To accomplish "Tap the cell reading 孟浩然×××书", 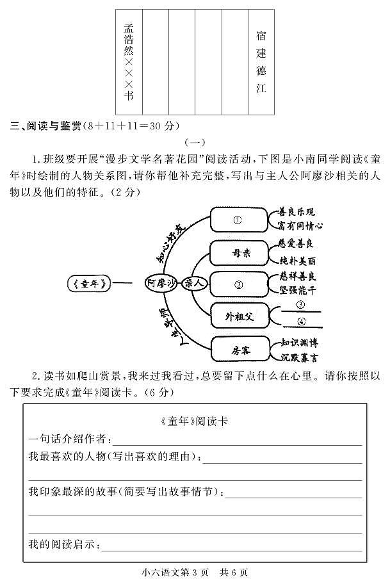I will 129,61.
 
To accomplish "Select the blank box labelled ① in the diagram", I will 238,220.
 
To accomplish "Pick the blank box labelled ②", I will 238,284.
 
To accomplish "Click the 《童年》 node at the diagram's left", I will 88,282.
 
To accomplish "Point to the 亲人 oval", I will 195,282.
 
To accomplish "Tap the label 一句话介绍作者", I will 70,439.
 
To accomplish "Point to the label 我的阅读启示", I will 64,544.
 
